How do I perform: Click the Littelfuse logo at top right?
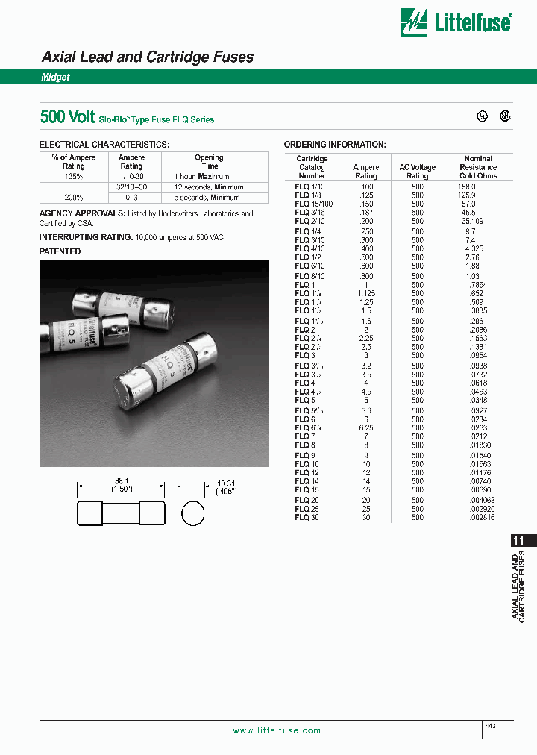pos(455,22)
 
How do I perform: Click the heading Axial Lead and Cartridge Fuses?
pos(147,57)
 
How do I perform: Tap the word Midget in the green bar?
pos(55,77)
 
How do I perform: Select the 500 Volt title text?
pos(67,117)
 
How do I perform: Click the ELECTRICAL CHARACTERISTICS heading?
pos(104,144)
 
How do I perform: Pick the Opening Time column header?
pos(210,162)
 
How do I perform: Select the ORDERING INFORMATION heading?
pos(335,144)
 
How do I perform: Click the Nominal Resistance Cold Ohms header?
pos(478,167)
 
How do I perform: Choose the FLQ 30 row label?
pos(307,517)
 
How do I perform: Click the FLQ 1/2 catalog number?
pos(306,257)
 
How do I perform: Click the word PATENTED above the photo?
pos(60,251)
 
